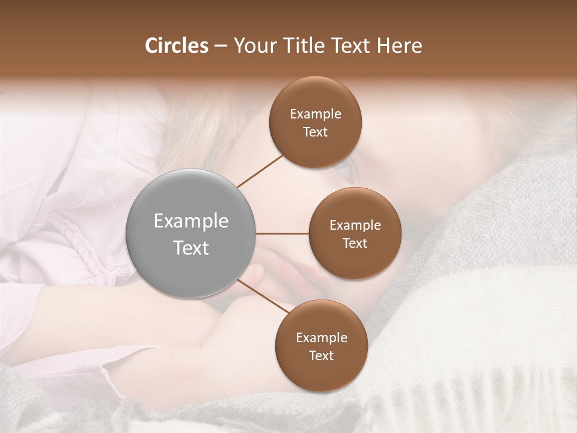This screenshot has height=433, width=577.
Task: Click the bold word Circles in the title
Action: [x=176, y=46]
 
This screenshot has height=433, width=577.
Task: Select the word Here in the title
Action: [x=400, y=46]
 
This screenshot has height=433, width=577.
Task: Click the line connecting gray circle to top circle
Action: [x=260, y=171]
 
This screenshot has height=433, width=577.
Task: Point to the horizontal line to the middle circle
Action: [x=282, y=233]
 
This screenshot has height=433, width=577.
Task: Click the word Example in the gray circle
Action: [x=191, y=221]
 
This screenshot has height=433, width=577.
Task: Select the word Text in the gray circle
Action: [x=191, y=248]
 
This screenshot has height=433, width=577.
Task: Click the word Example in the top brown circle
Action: [x=316, y=114]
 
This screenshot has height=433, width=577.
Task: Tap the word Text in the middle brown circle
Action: [x=355, y=243]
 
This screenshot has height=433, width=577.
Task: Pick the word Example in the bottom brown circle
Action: [x=321, y=337]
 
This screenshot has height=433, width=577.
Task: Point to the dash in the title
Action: [x=221, y=46]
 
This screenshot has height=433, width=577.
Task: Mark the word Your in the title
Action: [x=253, y=46]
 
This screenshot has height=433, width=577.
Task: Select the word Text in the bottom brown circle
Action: [x=321, y=355]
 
